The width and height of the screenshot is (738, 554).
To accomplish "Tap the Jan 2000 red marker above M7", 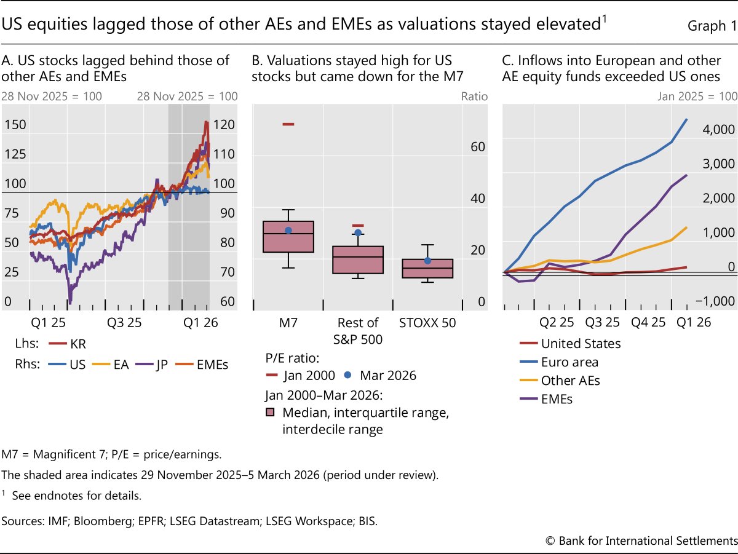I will (x=288, y=124).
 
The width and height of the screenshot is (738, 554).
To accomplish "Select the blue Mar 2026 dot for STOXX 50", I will (x=428, y=261).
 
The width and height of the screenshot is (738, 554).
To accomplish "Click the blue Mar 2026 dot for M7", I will (x=288, y=230).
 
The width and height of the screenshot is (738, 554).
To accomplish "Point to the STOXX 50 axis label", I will (x=427, y=323).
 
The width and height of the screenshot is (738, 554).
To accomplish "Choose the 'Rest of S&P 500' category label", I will (x=358, y=330).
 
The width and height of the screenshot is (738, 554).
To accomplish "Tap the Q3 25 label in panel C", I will (x=603, y=323).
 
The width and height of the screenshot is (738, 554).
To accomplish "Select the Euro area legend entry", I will (x=569, y=362).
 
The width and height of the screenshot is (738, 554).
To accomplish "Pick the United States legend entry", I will (x=581, y=344).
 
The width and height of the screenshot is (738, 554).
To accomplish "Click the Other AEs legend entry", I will (x=570, y=381).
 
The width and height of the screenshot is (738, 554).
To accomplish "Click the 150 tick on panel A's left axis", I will (x=15, y=125).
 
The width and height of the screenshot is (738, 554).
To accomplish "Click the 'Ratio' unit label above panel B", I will (x=474, y=97).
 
